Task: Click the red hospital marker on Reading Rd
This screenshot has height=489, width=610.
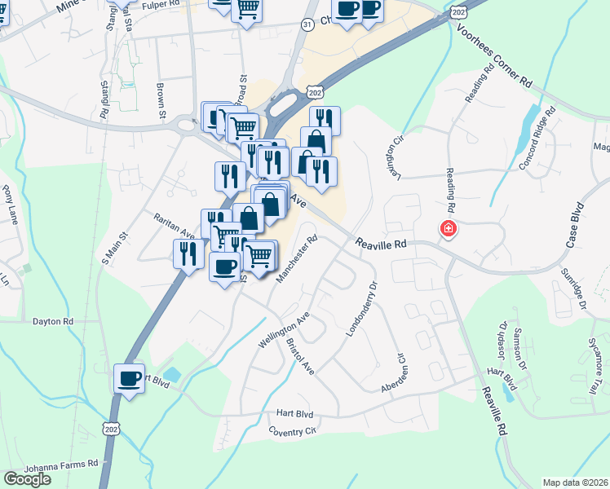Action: (448, 229)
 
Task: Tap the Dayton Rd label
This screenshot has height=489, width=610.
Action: (53, 322)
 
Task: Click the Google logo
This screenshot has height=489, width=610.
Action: (27, 479)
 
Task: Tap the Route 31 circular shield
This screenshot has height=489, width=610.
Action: (307, 25)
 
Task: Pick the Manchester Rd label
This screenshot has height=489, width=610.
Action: (296, 260)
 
